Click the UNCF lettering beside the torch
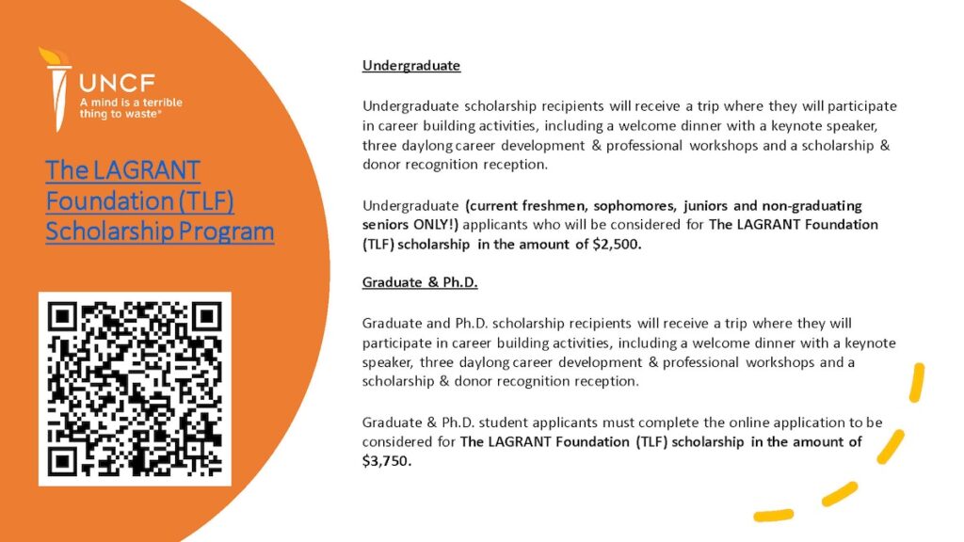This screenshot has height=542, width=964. click(x=118, y=81)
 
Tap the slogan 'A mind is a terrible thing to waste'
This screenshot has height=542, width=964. click(x=131, y=107)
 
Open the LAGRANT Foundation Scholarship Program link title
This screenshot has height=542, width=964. click(x=160, y=200)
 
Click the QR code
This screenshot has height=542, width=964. click(x=134, y=389)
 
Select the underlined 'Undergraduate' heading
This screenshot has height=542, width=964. click(x=411, y=66)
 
